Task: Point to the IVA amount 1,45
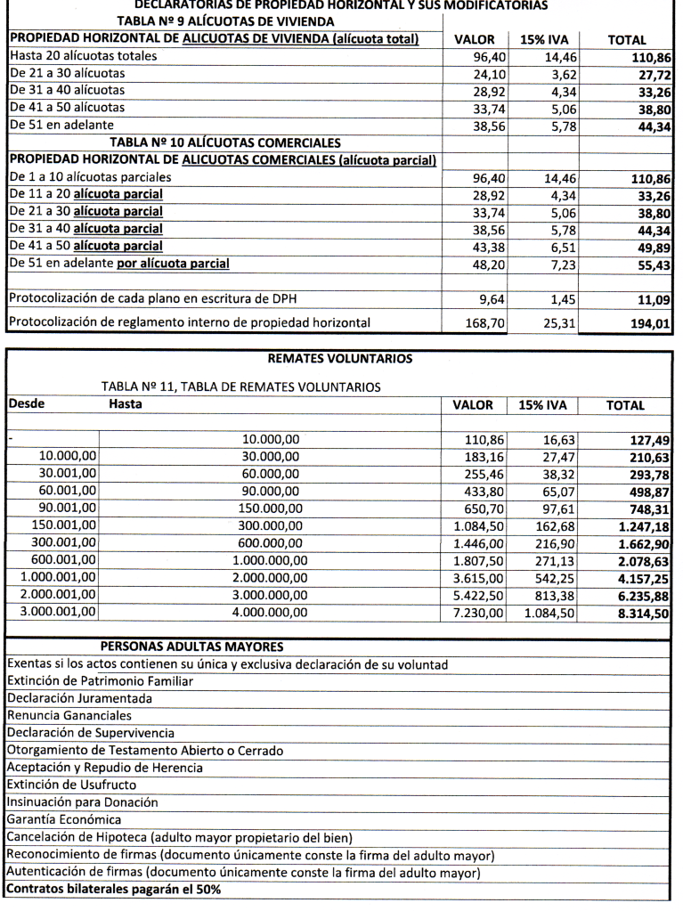(x=562, y=300)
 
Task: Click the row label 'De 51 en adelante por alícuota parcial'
(x=119, y=264)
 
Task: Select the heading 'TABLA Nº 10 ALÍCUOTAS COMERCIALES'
(x=225, y=142)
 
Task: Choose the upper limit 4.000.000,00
(x=271, y=614)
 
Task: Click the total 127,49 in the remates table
(x=649, y=439)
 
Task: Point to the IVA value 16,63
(x=558, y=439)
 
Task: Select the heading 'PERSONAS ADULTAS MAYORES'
(x=191, y=647)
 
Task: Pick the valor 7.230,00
(x=479, y=614)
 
